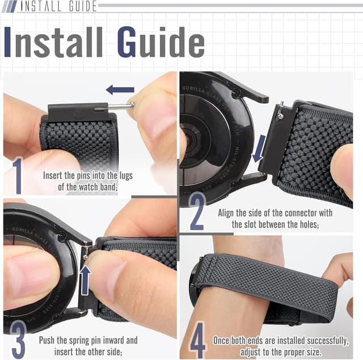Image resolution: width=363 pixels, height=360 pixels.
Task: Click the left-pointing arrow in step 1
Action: coord(120,90)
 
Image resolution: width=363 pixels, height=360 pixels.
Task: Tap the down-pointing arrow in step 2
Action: coord(259,148)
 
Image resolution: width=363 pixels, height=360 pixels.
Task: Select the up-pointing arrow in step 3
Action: coord(85,279)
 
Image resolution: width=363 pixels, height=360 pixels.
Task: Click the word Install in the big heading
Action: coord(54,42)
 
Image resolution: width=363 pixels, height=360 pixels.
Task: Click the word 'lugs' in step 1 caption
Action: coord(125,176)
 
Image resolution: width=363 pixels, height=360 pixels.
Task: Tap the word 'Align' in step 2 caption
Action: coord(228,213)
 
